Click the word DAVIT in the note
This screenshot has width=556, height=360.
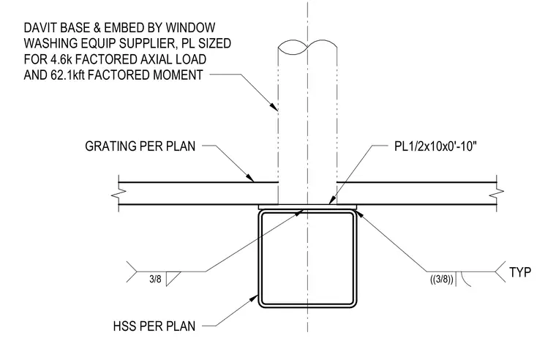(41, 28)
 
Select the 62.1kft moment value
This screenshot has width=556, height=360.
(66, 75)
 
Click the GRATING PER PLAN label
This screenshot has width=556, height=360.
(140, 146)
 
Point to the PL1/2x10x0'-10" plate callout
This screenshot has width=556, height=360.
(435, 146)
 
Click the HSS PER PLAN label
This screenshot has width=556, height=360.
(154, 326)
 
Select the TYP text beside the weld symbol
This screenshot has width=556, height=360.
(520, 272)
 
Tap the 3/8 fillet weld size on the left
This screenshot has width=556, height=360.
(155, 279)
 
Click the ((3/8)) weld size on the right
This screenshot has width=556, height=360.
(442, 280)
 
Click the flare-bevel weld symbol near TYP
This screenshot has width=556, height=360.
(463, 279)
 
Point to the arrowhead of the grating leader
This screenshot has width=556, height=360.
(250, 178)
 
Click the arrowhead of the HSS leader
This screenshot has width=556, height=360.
(255, 298)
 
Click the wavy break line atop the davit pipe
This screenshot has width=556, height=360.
(307, 47)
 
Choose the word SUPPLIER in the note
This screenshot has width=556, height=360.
(149, 43)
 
